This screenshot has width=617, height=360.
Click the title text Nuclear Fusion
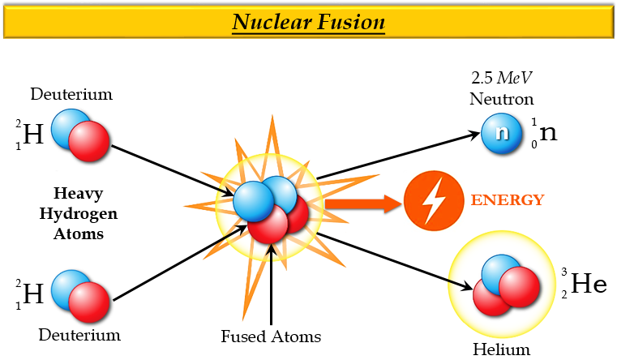point(308,21)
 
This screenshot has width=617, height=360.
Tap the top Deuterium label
point(71,94)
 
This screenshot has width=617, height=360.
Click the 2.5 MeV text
point(502,79)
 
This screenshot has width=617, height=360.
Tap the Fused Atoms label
point(271,336)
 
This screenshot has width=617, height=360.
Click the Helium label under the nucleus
point(501,350)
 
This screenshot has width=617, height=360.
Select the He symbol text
point(589,284)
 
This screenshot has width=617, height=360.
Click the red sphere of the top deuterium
point(88,144)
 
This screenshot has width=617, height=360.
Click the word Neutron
point(502,100)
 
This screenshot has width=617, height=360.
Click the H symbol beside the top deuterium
point(33,134)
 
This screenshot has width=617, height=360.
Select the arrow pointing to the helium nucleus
point(397,260)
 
